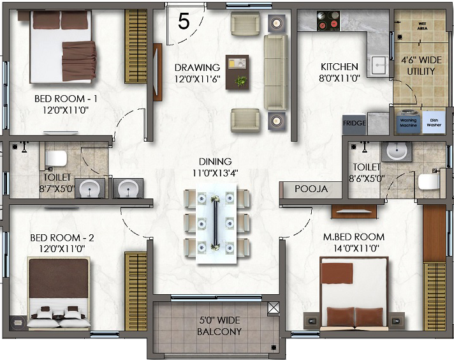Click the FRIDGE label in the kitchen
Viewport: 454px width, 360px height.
[x=355, y=123]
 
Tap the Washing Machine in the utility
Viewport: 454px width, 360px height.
[x=409, y=122]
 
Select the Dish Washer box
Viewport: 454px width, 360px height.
[x=434, y=123]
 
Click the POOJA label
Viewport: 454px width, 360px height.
[x=311, y=189]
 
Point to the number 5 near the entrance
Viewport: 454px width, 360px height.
[x=184, y=21]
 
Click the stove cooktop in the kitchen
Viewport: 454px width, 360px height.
[x=328, y=20]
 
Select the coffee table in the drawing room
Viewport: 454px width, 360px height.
[x=237, y=72]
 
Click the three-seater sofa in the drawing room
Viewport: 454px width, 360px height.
[x=276, y=72]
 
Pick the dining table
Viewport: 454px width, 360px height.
[x=216, y=224]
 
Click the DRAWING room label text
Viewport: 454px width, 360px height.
[x=197, y=68]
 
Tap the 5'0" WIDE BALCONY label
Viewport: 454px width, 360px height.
[x=219, y=326]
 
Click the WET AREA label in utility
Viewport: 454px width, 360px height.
[x=423, y=26]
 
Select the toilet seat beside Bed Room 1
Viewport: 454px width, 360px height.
[x=56, y=158]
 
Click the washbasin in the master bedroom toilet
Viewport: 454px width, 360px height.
[x=397, y=151]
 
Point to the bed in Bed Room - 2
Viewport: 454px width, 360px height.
[x=59, y=293]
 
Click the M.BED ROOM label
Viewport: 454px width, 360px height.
[x=354, y=237]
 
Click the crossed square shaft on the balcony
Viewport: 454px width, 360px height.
[x=274, y=308]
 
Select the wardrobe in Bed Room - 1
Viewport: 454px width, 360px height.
[x=136, y=47]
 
